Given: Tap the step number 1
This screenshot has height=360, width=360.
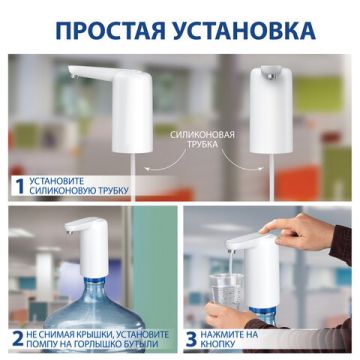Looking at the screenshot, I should [17, 185].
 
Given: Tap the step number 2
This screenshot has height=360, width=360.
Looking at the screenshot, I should [17, 337].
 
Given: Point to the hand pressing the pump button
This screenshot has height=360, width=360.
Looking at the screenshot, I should [315, 235].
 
